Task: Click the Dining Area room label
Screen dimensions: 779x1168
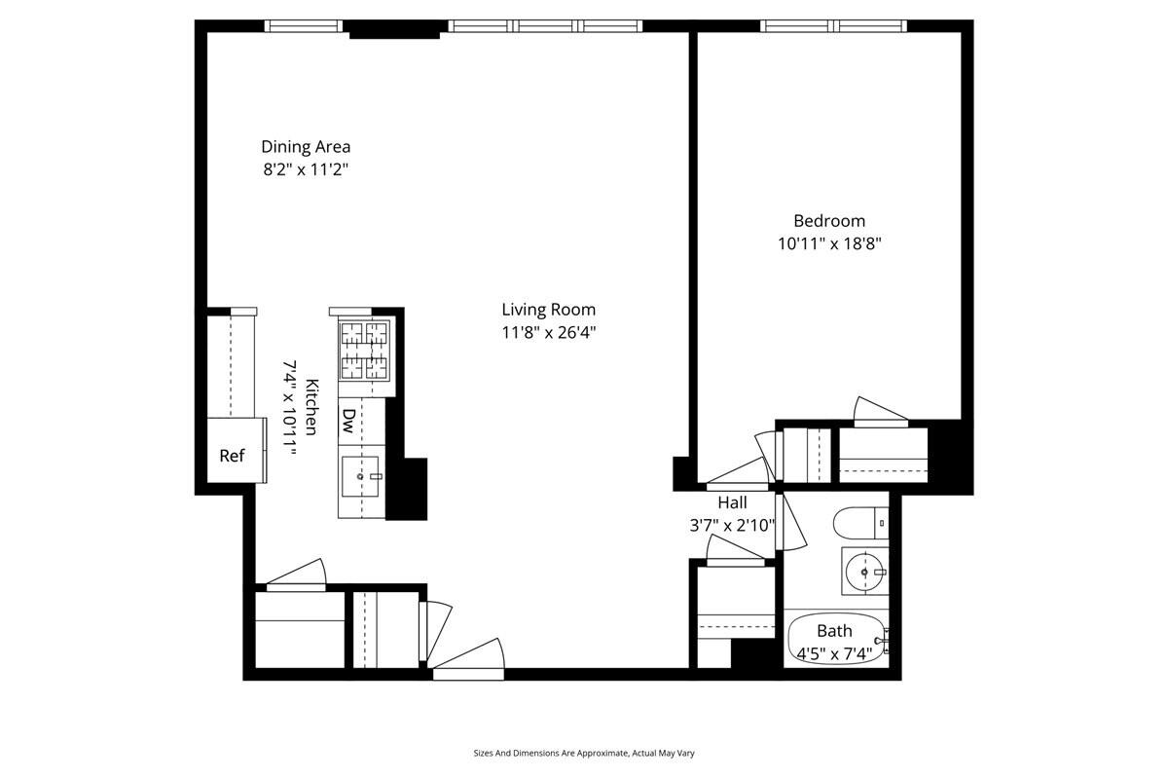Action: [306, 147]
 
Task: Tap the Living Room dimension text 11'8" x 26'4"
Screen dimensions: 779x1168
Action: [548, 332]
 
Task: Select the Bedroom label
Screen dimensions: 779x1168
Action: [828, 221]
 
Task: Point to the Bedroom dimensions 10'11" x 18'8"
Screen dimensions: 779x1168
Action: [828, 243]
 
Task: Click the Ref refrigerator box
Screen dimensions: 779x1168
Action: [232, 455]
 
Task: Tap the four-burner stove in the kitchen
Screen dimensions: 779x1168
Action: [363, 352]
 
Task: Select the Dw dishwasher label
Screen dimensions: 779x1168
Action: [348, 420]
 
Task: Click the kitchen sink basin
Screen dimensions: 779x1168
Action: [361, 477]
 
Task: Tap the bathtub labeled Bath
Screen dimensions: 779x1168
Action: [835, 639]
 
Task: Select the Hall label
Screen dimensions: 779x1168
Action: [732, 503]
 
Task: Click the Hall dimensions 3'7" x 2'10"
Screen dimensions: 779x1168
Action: [732, 526]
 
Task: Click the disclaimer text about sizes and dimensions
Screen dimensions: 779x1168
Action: [584, 753]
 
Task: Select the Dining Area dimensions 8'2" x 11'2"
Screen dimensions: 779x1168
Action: [306, 169]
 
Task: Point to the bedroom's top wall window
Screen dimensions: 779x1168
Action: [833, 26]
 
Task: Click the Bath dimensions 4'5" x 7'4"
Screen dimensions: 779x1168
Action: [835, 652]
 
